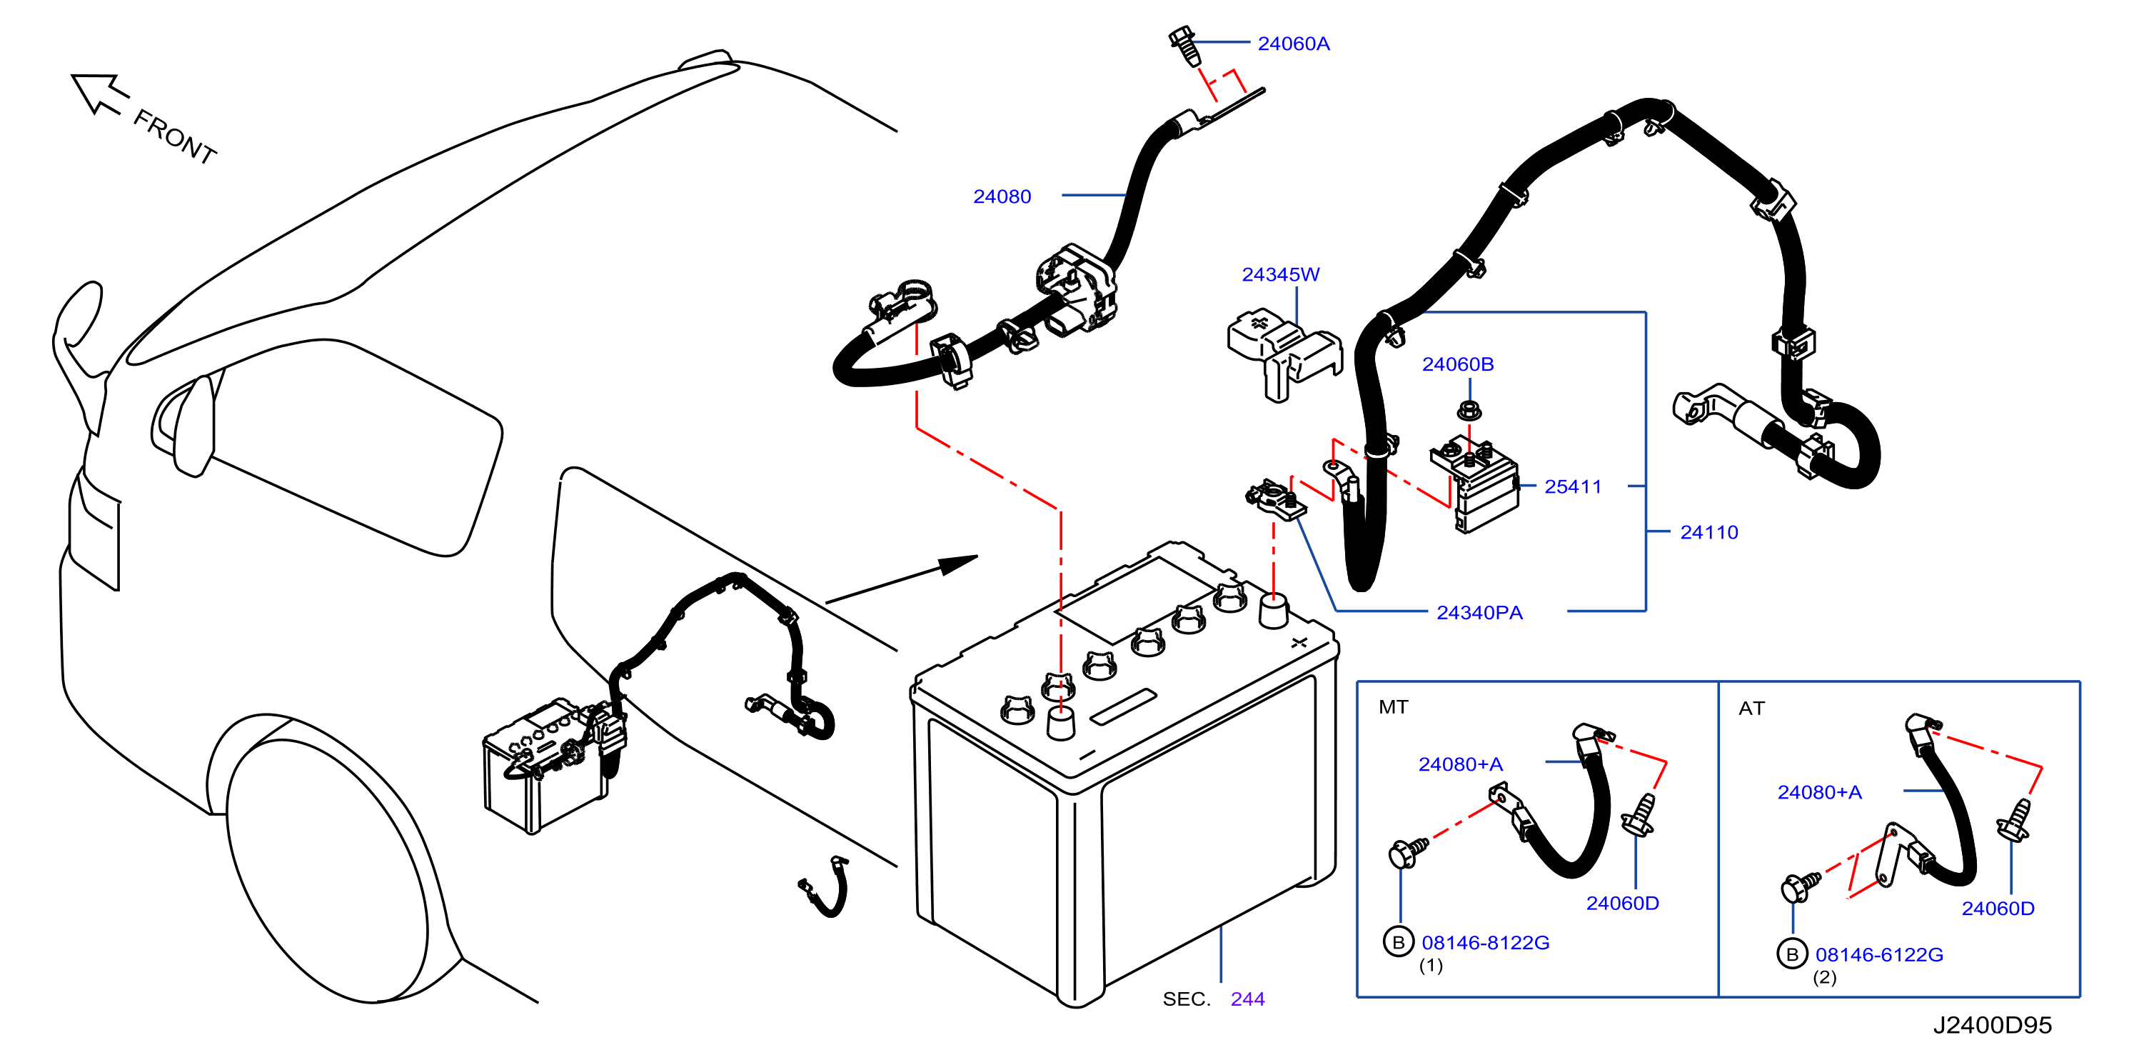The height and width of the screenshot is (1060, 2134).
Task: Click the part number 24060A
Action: click(x=1293, y=44)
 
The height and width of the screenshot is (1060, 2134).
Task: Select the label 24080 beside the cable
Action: click(x=1002, y=196)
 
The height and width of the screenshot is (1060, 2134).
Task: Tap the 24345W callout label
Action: click(x=1281, y=274)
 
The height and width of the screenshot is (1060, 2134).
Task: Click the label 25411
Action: click(x=1573, y=486)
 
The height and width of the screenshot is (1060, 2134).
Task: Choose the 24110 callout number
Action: click(x=1709, y=532)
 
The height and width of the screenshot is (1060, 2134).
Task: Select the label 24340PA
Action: click(x=1479, y=612)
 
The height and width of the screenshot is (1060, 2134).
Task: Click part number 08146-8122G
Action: click(x=1485, y=942)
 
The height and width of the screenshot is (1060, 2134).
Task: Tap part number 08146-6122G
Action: click(x=1879, y=955)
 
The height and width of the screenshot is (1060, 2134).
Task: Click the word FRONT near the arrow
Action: click(x=175, y=136)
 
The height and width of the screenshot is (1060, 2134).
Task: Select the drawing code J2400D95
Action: click(x=1993, y=1025)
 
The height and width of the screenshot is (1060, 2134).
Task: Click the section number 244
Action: click(x=1247, y=999)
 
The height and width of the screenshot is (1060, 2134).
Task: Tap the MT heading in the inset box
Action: click(x=1394, y=707)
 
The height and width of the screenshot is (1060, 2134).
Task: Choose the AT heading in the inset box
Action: click(x=1752, y=709)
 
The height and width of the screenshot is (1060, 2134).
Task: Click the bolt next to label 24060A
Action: click(x=1184, y=46)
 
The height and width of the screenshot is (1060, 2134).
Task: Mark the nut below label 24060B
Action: click(x=1469, y=409)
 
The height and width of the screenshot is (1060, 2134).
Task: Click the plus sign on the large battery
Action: click(x=1299, y=642)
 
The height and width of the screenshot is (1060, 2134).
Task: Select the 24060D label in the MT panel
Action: click(x=1622, y=904)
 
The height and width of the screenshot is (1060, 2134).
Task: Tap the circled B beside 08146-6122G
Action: click(x=1792, y=954)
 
